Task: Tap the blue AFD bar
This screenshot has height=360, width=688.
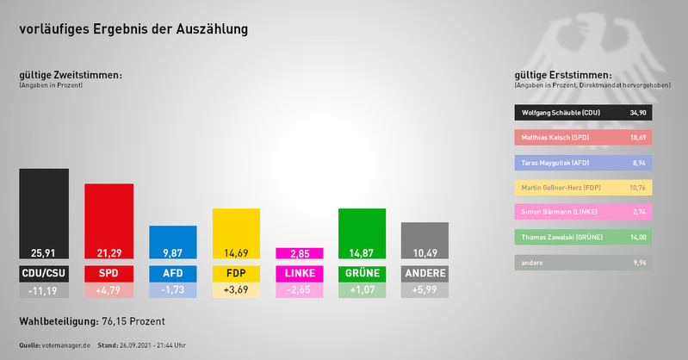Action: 172,242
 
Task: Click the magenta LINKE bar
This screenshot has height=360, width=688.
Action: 299,253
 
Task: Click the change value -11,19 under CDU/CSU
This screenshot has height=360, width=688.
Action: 44,291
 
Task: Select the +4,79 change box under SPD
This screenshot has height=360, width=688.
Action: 108,291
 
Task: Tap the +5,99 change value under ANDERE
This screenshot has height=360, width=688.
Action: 425,291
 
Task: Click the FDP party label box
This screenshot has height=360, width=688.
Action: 236,274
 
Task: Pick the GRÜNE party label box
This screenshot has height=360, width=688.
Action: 363,274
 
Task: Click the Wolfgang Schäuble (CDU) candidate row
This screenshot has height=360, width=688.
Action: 583,113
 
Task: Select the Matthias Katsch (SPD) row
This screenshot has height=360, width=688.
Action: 583,137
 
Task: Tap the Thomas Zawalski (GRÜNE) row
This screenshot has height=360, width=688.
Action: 583,237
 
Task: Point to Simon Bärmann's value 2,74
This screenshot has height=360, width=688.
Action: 637,212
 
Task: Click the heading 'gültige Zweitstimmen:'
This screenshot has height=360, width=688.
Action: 71,76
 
